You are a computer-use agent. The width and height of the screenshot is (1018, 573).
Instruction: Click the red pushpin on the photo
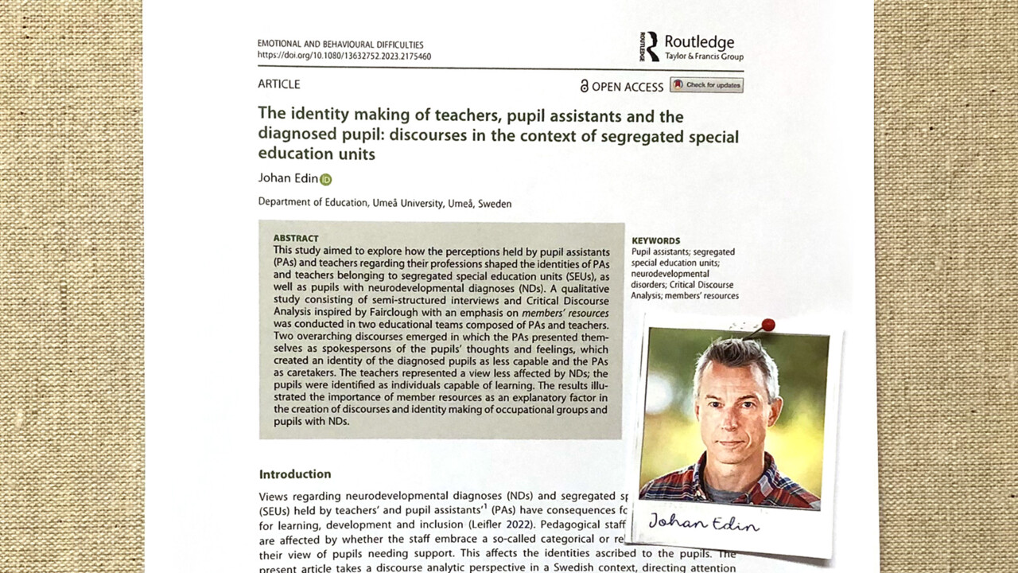coord(767,325)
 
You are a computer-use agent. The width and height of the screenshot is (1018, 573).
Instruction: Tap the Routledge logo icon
coord(650,47)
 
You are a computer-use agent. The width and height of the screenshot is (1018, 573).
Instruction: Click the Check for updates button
coord(706,85)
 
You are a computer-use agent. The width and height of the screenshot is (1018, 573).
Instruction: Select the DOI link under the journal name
coord(344,57)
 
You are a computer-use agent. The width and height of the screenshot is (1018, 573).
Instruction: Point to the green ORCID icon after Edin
coord(325,179)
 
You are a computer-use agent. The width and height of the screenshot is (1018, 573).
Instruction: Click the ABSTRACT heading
coord(296,238)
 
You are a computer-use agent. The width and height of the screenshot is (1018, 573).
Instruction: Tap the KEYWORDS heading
coord(655,240)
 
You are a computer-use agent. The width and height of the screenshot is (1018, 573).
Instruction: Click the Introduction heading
coord(295,474)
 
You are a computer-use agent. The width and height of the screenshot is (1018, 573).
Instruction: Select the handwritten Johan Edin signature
coord(703,523)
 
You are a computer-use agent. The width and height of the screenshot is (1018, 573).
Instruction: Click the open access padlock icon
coord(584,86)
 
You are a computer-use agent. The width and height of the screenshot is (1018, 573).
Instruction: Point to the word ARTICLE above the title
coord(279,84)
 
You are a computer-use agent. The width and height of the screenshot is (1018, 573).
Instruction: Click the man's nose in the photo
coord(730,422)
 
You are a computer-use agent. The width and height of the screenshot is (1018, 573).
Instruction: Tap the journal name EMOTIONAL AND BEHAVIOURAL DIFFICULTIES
coord(340,45)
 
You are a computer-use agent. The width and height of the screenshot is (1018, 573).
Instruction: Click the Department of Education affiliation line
coord(385,203)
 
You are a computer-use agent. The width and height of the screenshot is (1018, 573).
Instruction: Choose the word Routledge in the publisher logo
coord(699,42)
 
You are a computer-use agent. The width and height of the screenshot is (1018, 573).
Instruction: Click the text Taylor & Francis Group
coord(704,57)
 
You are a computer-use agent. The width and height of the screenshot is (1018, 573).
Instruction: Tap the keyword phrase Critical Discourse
coord(682,284)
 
